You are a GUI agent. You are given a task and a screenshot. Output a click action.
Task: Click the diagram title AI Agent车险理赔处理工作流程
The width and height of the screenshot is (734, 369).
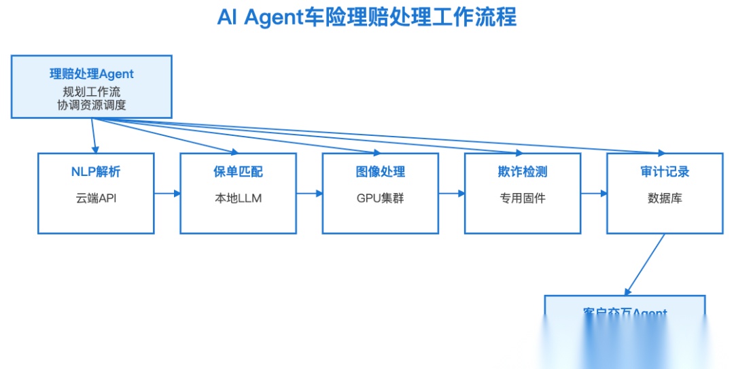(x=366, y=17)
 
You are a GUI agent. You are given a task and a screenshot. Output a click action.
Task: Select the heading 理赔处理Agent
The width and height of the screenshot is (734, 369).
(x=92, y=74)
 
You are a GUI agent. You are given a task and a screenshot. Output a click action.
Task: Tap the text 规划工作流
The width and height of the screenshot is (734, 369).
(x=92, y=91)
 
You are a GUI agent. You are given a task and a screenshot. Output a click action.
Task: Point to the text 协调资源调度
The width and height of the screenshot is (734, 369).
(x=92, y=105)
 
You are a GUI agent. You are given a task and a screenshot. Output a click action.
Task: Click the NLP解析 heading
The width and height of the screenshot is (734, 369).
(x=95, y=172)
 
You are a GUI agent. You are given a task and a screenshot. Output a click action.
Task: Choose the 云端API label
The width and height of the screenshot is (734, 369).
(x=95, y=198)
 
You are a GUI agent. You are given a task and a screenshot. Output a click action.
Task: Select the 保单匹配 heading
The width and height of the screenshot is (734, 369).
(x=238, y=172)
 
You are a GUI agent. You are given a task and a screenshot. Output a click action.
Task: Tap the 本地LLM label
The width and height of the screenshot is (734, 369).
(x=238, y=198)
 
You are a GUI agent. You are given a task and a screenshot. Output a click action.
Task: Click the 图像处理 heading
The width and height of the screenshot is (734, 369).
(x=380, y=172)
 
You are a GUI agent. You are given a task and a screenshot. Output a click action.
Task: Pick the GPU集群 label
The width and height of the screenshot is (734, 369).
(x=380, y=198)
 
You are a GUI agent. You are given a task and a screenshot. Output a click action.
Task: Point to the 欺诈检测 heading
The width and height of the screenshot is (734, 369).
(x=522, y=172)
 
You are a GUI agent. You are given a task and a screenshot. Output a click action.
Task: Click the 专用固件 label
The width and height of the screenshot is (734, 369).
(x=522, y=198)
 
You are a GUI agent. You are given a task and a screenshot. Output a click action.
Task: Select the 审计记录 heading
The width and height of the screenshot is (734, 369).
(x=665, y=172)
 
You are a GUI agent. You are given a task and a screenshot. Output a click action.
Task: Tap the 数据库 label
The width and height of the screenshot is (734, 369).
(x=665, y=198)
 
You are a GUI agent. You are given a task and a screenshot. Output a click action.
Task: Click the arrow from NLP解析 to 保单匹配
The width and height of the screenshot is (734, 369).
(x=167, y=194)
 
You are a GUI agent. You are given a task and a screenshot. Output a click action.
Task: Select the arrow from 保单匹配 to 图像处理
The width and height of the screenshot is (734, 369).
(x=309, y=194)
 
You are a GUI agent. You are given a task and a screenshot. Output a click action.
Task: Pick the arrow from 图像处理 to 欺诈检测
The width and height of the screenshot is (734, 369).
(x=451, y=194)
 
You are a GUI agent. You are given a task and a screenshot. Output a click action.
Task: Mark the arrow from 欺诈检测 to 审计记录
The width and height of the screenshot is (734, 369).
(x=594, y=194)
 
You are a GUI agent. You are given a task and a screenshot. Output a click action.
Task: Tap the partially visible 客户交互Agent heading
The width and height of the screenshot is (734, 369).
(x=625, y=313)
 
